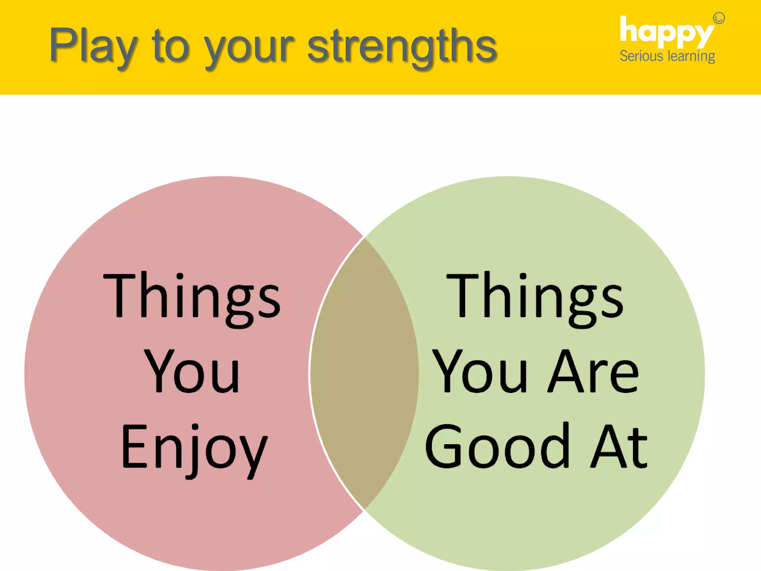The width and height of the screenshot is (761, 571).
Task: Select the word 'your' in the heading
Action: [249, 48]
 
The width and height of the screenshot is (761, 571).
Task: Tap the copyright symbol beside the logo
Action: [719, 18]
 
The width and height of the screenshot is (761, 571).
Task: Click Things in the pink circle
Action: [191, 297]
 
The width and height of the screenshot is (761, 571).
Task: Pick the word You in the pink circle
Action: [191, 372]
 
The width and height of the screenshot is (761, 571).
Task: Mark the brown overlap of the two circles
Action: [364, 374]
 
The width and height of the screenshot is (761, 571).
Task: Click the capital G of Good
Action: [444, 446]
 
